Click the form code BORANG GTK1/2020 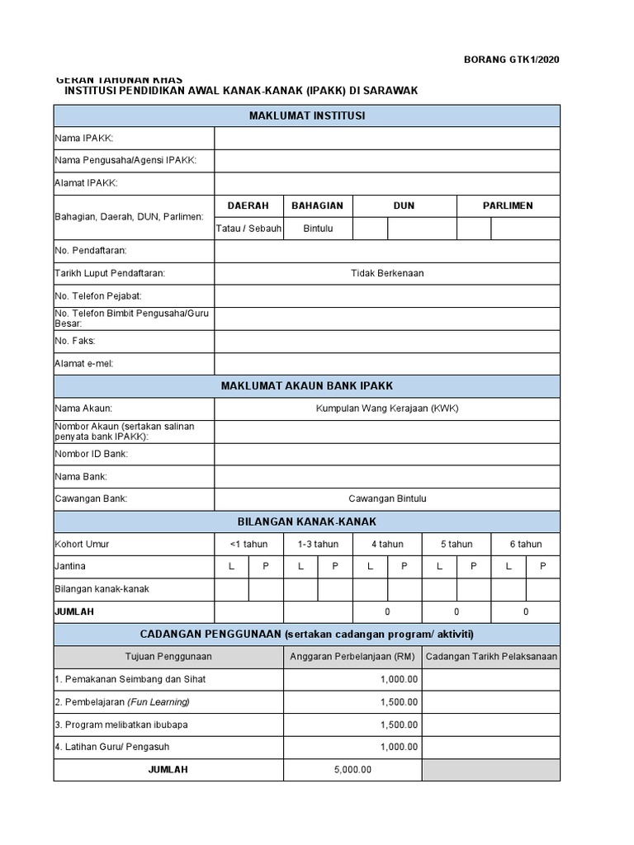click(512, 59)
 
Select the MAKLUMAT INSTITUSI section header click(307, 116)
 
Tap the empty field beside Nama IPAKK click(386, 138)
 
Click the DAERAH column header click(248, 205)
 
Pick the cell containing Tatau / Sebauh click(248, 229)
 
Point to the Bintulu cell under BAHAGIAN click(318, 229)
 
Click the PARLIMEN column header click(508, 205)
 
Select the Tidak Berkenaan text click(387, 273)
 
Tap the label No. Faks click(75, 341)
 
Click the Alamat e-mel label click(84, 363)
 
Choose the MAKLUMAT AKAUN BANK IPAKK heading click(307, 386)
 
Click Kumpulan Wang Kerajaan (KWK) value click(387, 408)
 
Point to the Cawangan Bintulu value click(387, 498)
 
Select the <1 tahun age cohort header click(248, 544)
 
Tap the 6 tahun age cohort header click(525, 544)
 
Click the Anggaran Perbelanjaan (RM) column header click(352, 657)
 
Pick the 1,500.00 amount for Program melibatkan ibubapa click(399, 725)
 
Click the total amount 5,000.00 click(352, 769)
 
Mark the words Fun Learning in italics click(158, 702)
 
